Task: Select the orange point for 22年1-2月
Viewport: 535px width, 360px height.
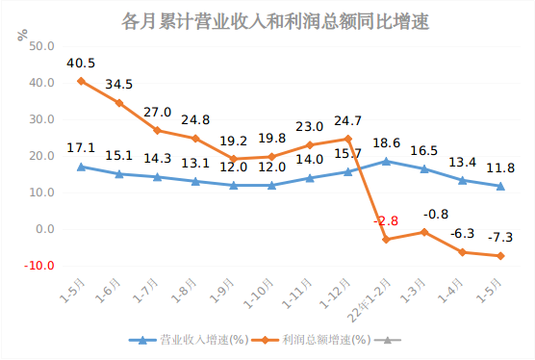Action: pyautogui.click(x=386, y=239)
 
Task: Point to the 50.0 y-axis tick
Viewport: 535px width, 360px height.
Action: pyautogui.click(x=42, y=46)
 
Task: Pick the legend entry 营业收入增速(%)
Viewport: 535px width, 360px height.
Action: pyautogui.click(x=190, y=340)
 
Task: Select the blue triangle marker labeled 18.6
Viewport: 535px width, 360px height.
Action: pyautogui.click(x=386, y=162)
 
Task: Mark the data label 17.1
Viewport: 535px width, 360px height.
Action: pyautogui.click(x=82, y=148)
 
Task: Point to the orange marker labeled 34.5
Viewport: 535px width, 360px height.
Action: pyautogui.click(x=119, y=103)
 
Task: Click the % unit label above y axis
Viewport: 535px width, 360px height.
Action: pyautogui.click(x=22, y=36)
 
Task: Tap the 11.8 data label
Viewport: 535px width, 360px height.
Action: pyautogui.click(x=500, y=168)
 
